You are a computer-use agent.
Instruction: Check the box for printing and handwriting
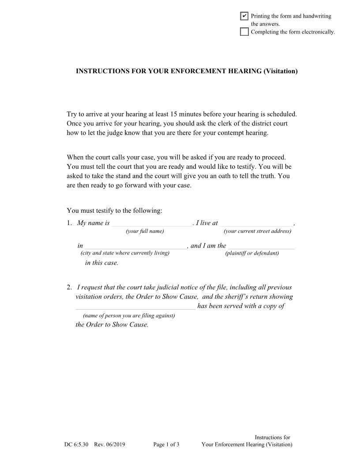[244, 16]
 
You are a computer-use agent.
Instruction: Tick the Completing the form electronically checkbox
[244, 31]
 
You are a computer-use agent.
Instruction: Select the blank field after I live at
[256, 223]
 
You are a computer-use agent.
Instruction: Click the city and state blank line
[135, 246]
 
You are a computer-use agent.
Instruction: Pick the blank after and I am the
[261, 246]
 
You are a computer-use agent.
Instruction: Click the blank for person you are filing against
[135, 307]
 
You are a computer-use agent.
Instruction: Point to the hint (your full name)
[145, 231]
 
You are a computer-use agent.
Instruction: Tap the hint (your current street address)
[257, 231]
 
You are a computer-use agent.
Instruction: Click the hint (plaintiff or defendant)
[252, 253]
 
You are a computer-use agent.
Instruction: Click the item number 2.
[69, 287]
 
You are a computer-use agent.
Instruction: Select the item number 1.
[69, 223]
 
